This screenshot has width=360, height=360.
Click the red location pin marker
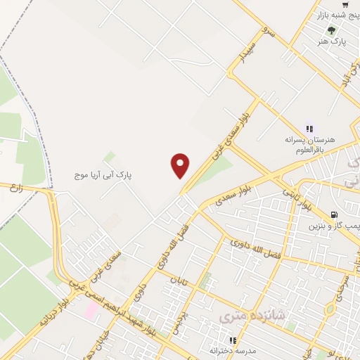click(181, 166)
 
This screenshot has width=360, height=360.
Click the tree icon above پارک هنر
click(330, 30)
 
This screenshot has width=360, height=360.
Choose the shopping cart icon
click(345, 4)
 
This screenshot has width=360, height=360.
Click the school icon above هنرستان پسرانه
click(308, 128)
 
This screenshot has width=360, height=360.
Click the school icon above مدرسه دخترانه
click(233, 341)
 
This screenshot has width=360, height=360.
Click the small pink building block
click(92, 309)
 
